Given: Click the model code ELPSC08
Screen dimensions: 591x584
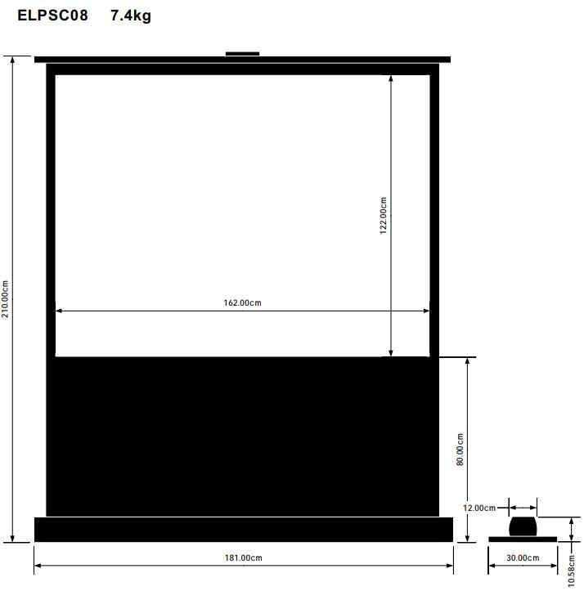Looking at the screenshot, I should (x=52, y=16).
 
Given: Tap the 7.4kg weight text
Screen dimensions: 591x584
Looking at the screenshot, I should (x=131, y=16).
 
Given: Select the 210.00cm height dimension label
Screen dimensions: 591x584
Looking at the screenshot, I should (x=7, y=299).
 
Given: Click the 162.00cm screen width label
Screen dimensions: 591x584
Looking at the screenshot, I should (x=242, y=303).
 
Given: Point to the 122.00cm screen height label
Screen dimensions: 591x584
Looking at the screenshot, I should (x=383, y=216).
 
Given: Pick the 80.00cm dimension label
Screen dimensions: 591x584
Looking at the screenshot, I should (x=460, y=450).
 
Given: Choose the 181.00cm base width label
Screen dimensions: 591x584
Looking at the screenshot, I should (x=243, y=558).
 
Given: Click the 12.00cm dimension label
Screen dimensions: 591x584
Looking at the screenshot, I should (x=478, y=508).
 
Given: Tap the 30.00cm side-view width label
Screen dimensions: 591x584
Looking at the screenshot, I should (x=523, y=558).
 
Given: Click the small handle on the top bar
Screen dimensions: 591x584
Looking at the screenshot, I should (x=242, y=54).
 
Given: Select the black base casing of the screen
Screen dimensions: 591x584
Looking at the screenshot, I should (x=243, y=529).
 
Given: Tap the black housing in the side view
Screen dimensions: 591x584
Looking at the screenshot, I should (x=523, y=526).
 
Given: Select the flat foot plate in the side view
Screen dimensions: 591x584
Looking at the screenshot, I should (x=523, y=539).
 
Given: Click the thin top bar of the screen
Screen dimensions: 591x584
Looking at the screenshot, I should (x=243, y=60).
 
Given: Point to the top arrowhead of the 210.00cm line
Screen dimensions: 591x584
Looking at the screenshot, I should (x=13, y=59).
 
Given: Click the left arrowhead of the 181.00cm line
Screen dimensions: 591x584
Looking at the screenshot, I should (x=37, y=566).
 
